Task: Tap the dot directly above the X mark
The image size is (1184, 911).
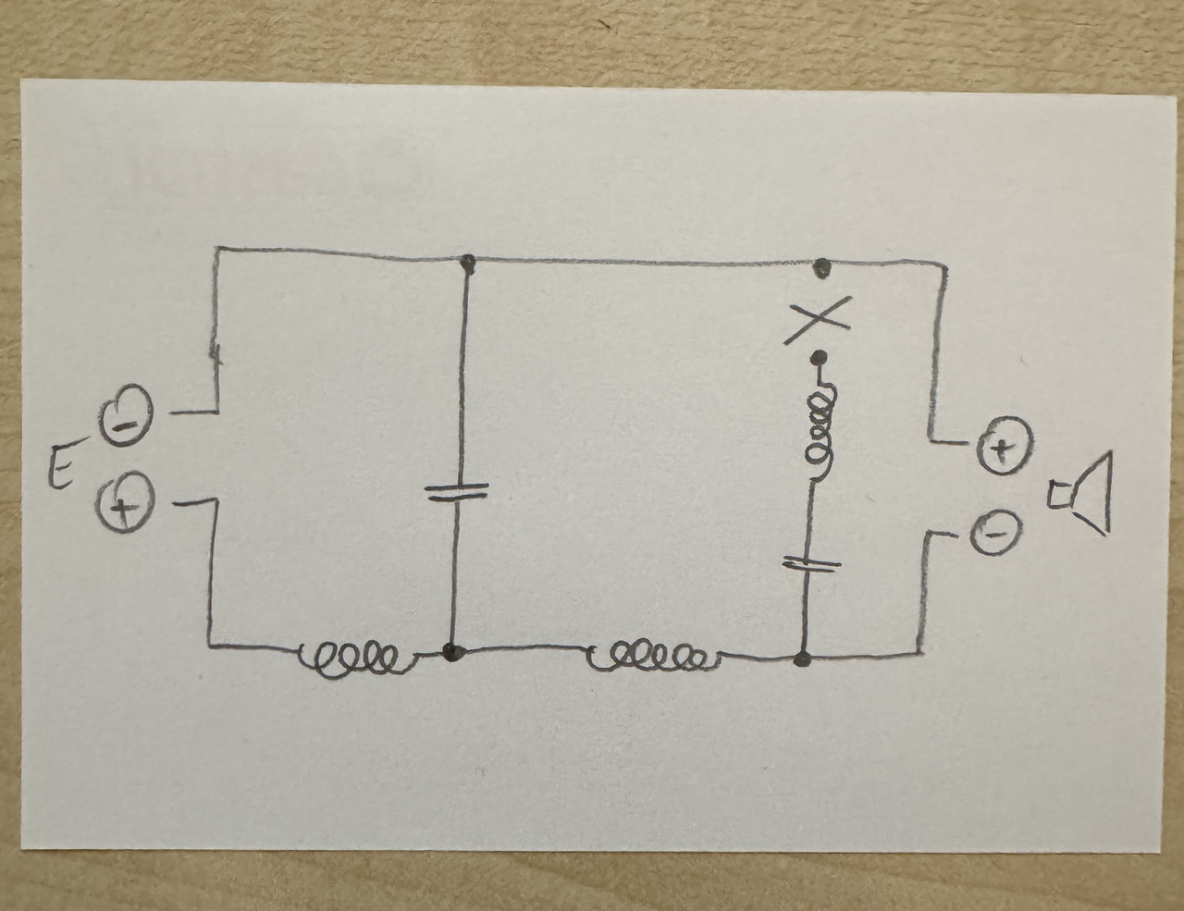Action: click(820, 271)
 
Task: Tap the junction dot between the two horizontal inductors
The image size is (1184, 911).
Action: click(452, 651)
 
